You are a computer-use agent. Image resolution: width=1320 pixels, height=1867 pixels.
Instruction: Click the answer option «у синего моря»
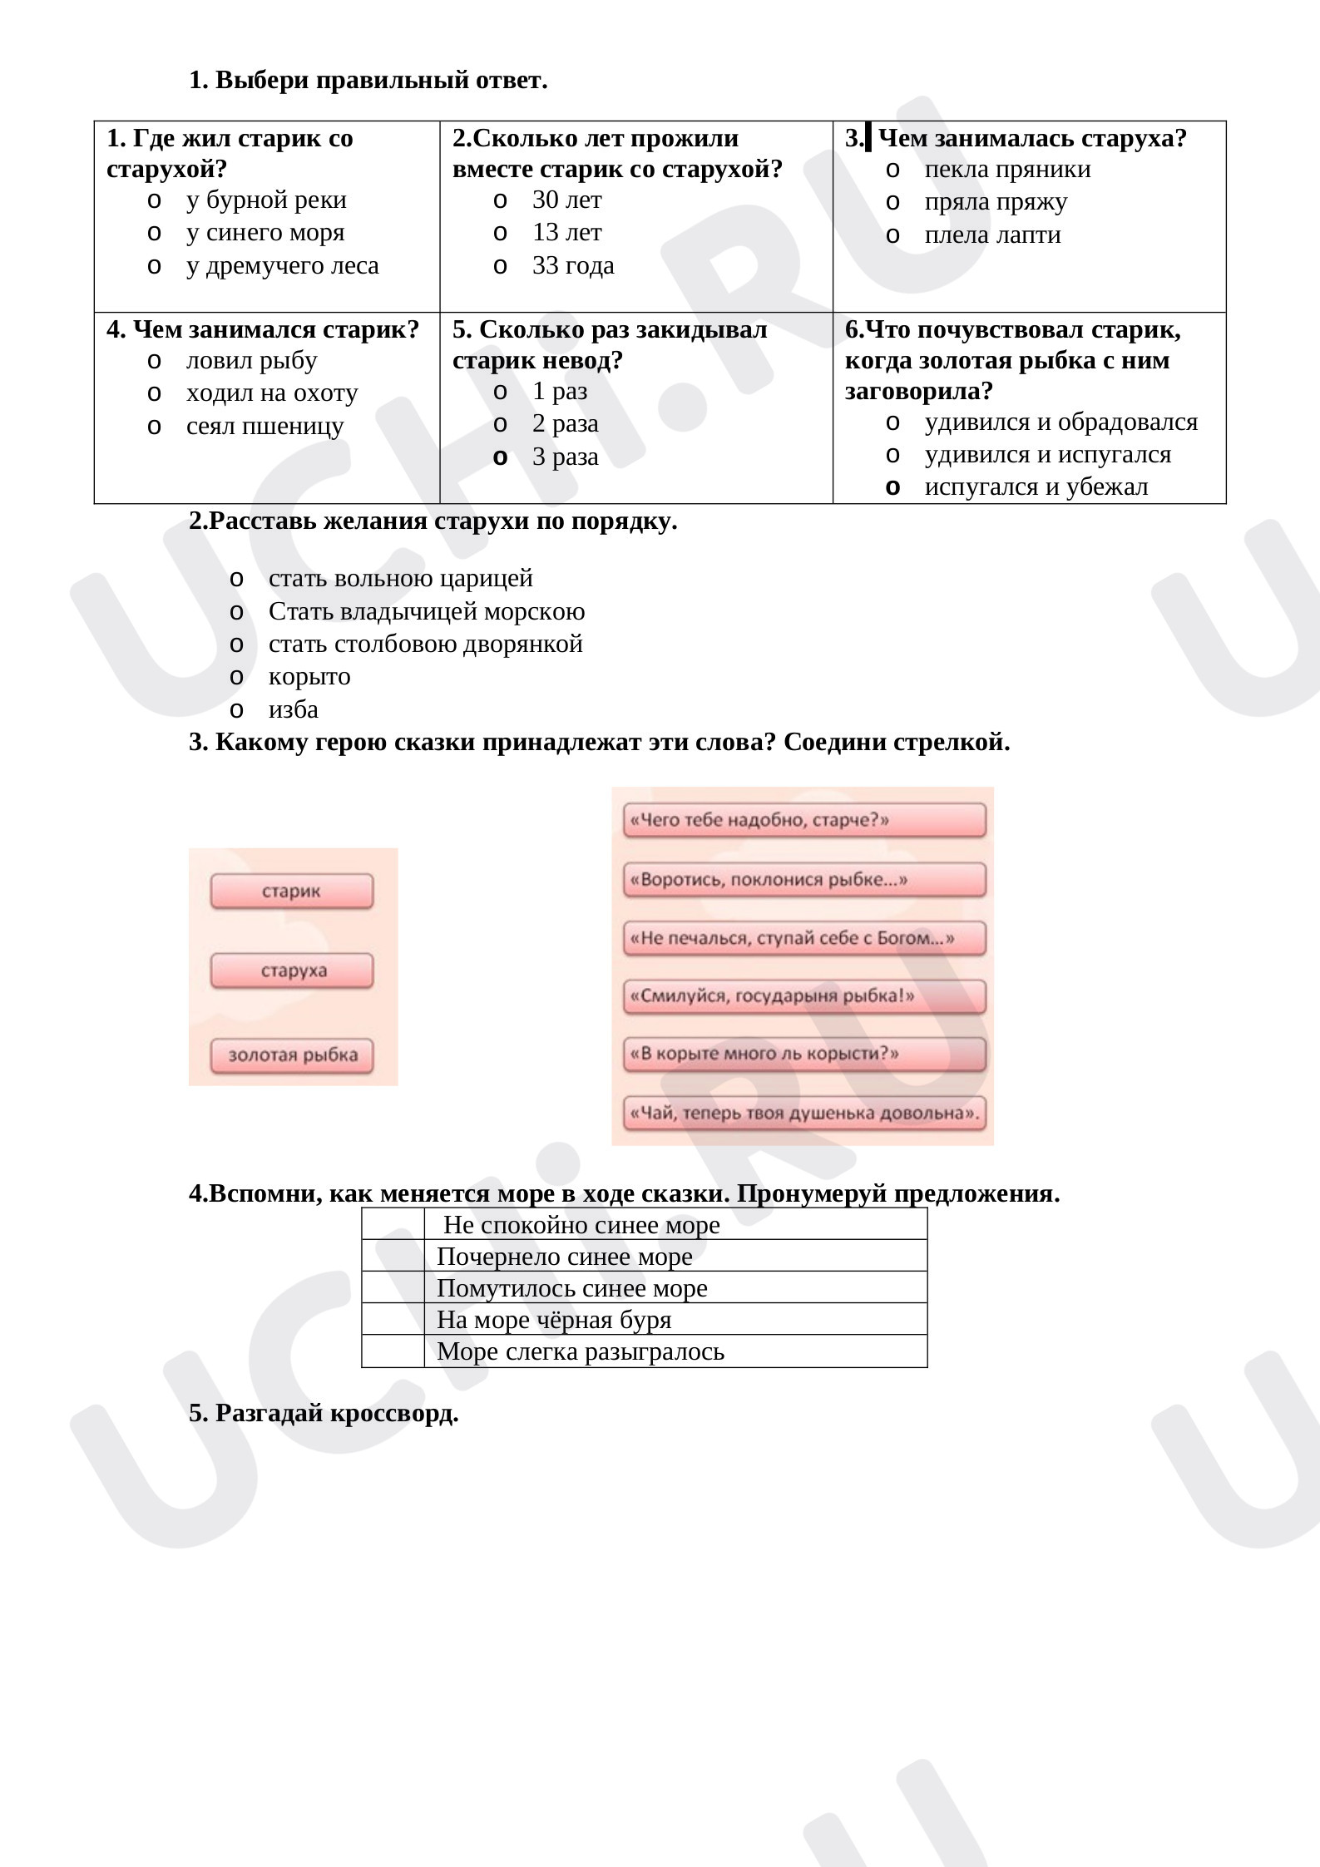pyautogui.click(x=264, y=233)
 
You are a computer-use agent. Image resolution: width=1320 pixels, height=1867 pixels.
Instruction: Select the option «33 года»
pyautogui.click(x=572, y=266)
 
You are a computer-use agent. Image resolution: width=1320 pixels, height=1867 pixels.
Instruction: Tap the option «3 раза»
pyautogui.click(x=565, y=457)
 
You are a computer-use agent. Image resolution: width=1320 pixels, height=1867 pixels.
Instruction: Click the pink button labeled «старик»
pyautogui.click(x=292, y=892)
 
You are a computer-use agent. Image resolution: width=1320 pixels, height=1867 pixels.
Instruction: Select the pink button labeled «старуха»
pyautogui.click(x=292, y=971)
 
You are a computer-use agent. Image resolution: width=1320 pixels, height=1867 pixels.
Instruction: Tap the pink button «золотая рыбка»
pyautogui.click(x=292, y=1055)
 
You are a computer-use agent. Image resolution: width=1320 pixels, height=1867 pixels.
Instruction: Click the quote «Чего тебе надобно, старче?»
pyautogui.click(x=803, y=821)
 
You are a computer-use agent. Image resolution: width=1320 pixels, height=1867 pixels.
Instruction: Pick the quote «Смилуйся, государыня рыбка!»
pyautogui.click(x=803, y=996)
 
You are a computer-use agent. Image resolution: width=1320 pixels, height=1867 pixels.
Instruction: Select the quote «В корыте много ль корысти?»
pyautogui.click(x=803, y=1055)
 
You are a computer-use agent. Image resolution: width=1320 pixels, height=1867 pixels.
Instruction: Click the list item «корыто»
pyautogui.click(x=309, y=677)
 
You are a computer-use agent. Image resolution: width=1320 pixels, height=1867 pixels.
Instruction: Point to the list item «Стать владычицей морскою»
pyautogui.click(x=426, y=612)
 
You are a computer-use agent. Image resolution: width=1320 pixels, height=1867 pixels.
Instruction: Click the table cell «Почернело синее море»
pyautogui.click(x=675, y=1257)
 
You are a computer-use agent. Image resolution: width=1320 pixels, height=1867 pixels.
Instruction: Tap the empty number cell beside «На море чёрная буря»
pyautogui.click(x=393, y=1320)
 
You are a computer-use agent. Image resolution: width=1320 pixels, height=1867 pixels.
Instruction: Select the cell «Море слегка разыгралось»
pyautogui.click(x=675, y=1351)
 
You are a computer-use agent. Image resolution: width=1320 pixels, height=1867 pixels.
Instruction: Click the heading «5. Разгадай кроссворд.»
pyautogui.click(x=324, y=1413)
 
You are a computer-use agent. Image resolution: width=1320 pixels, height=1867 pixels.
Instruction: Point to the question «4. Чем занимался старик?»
pyautogui.click(x=263, y=330)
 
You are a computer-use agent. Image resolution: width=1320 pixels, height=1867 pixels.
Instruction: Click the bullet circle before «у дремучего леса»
pyautogui.click(x=153, y=266)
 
